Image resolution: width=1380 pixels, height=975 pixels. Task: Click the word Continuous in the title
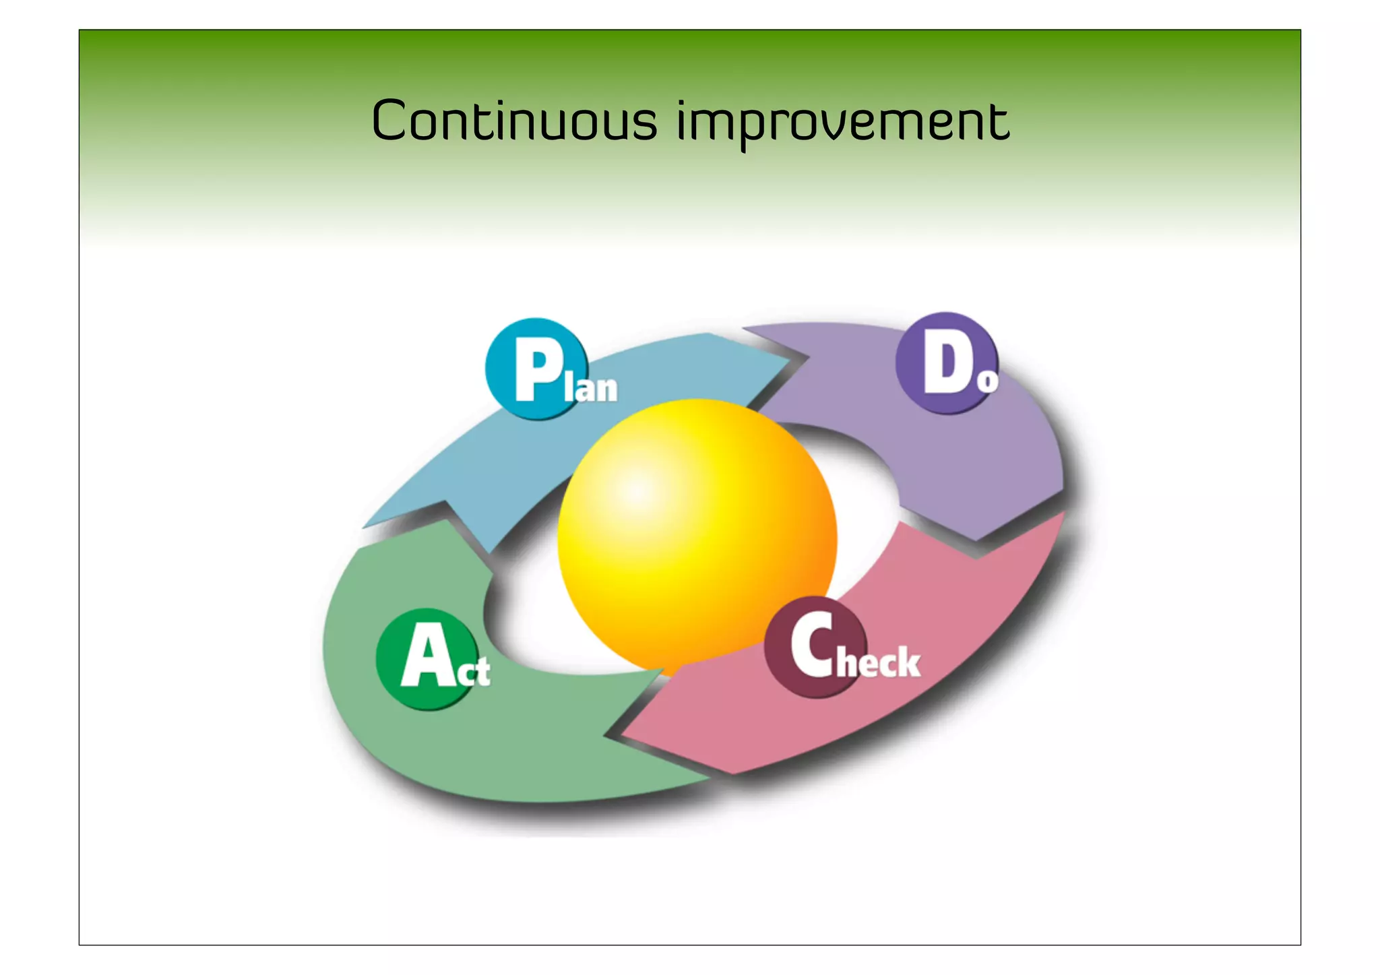(513, 121)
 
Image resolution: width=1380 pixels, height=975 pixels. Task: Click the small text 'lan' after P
(592, 389)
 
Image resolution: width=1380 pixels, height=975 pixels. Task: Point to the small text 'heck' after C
(879, 662)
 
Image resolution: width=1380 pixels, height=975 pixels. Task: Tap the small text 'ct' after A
(474, 672)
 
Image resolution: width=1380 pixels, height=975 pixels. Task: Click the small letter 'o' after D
(987, 381)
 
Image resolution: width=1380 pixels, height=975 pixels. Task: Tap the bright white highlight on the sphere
(637, 491)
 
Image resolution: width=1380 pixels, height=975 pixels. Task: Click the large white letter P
(538, 369)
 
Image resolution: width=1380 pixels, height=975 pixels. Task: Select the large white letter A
(427, 656)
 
